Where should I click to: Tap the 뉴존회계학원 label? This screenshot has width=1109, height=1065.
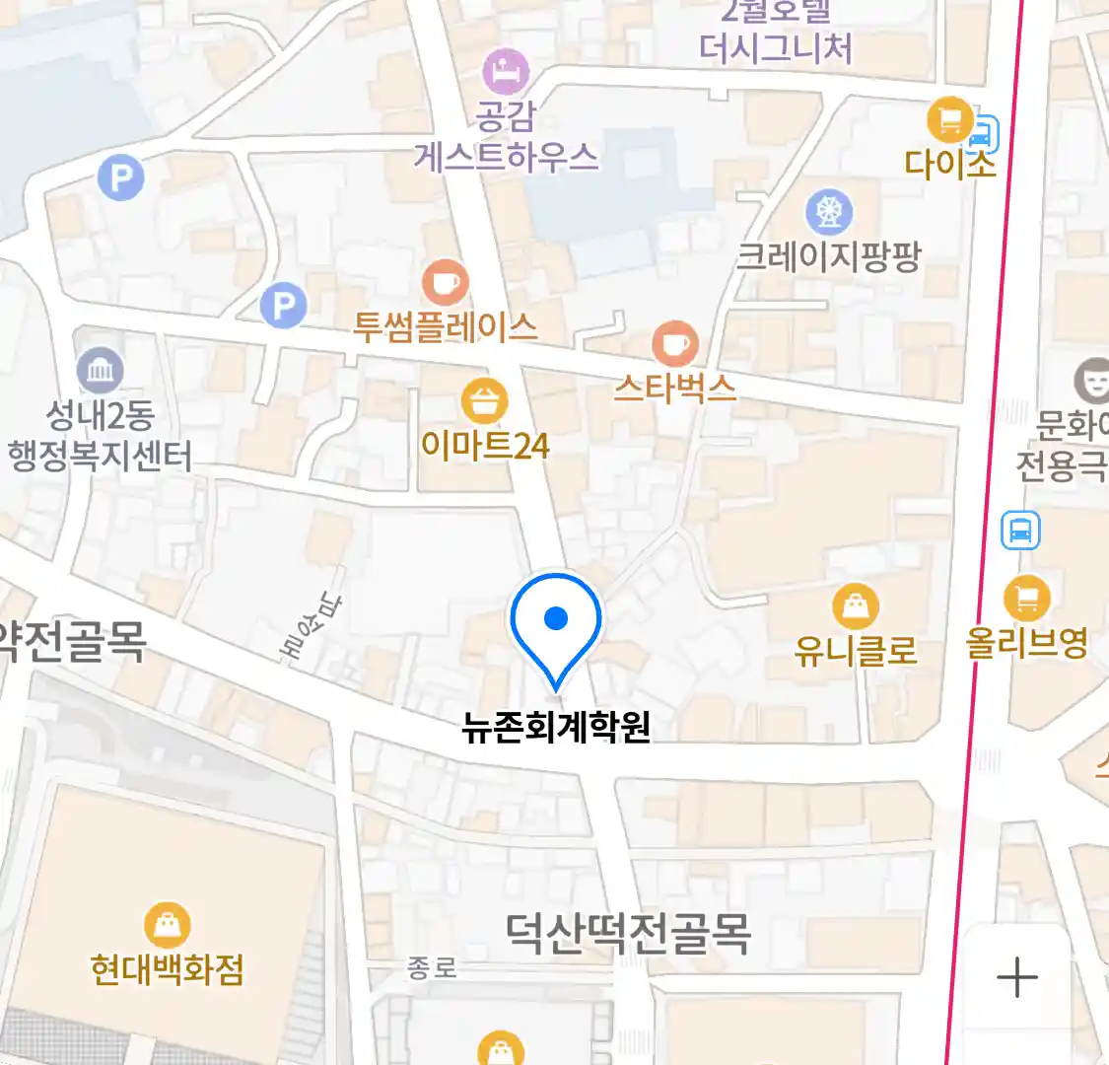pos(556,728)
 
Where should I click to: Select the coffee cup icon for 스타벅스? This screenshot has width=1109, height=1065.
pos(675,344)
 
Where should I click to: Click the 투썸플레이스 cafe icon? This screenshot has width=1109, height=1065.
pos(445,283)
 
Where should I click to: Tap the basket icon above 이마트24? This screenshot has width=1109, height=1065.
pos(484,402)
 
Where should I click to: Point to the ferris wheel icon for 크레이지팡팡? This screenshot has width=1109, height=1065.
pos(829,212)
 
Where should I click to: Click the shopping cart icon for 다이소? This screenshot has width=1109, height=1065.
pos(950,120)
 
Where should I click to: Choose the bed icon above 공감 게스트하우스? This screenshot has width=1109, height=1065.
pos(506,71)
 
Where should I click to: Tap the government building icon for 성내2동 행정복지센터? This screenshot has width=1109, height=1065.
pos(101,371)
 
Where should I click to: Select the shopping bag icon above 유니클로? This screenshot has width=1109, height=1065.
pos(856,605)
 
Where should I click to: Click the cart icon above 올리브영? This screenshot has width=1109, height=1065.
pos(1027,598)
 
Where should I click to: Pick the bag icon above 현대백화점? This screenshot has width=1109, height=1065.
pos(168,925)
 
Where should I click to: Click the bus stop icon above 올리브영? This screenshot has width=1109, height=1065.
pos(1020,531)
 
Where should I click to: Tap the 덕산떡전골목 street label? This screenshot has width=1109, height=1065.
pos(628,933)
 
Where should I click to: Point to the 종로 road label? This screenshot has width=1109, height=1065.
pos(433,968)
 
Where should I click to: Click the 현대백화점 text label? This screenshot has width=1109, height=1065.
pos(167,969)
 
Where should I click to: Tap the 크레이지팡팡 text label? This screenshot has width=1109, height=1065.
pos(829,256)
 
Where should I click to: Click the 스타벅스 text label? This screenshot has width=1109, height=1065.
pos(675,388)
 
